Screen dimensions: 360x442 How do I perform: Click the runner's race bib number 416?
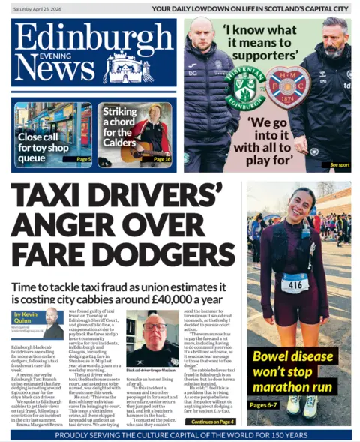click(294, 284)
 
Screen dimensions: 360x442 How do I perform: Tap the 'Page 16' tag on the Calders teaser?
click(162, 159)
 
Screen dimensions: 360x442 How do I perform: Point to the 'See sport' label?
click(339, 164)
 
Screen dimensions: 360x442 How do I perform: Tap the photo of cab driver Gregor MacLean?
click(152, 338)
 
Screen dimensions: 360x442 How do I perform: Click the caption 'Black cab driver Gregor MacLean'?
click(151, 371)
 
